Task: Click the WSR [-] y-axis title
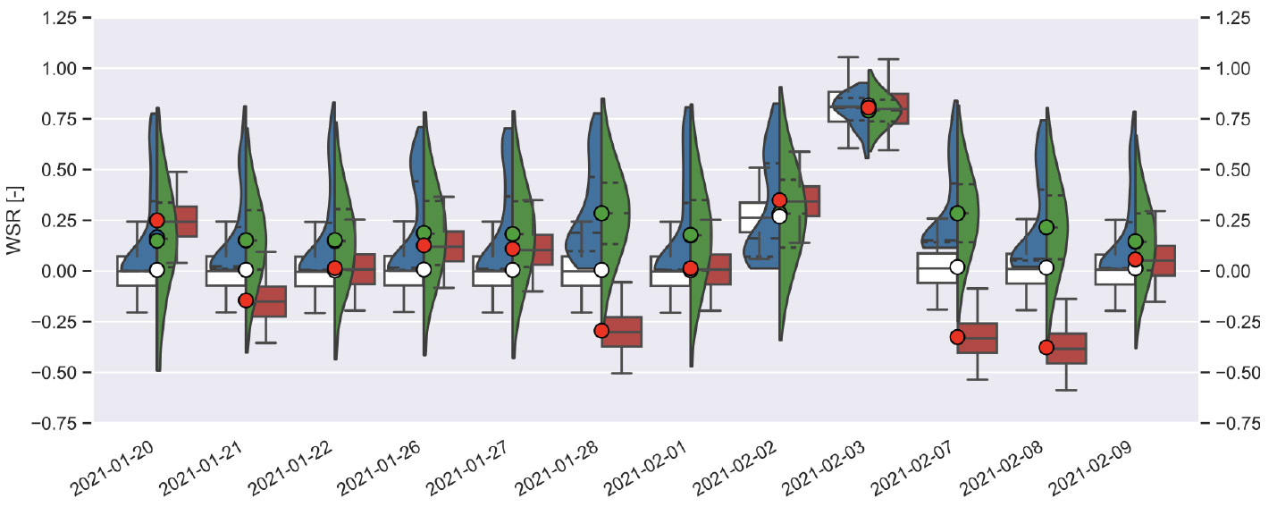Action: [x=14, y=220]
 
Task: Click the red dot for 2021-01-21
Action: [x=246, y=300]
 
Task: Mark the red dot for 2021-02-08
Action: [x=1046, y=347]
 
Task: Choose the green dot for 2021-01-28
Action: [x=601, y=214]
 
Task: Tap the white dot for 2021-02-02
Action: [x=779, y=215]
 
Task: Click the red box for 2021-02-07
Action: [x=977, y=338]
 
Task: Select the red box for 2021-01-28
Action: [x=621, y=332]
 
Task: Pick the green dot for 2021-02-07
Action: [x=958, y=214]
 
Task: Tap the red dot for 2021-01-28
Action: [x=601, y=331]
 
